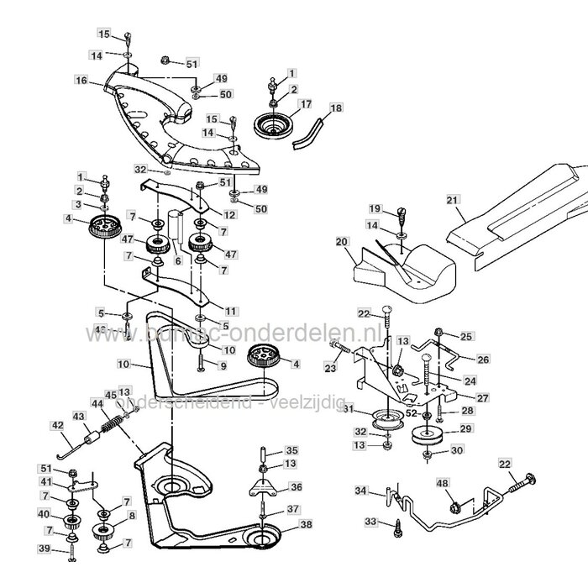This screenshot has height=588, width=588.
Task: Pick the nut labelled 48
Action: coord(454,507)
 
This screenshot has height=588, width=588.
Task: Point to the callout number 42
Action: coord(59,426)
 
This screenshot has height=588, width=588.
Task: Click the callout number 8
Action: coord(131,516)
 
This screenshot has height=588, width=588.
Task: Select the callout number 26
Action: coord(482,360)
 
